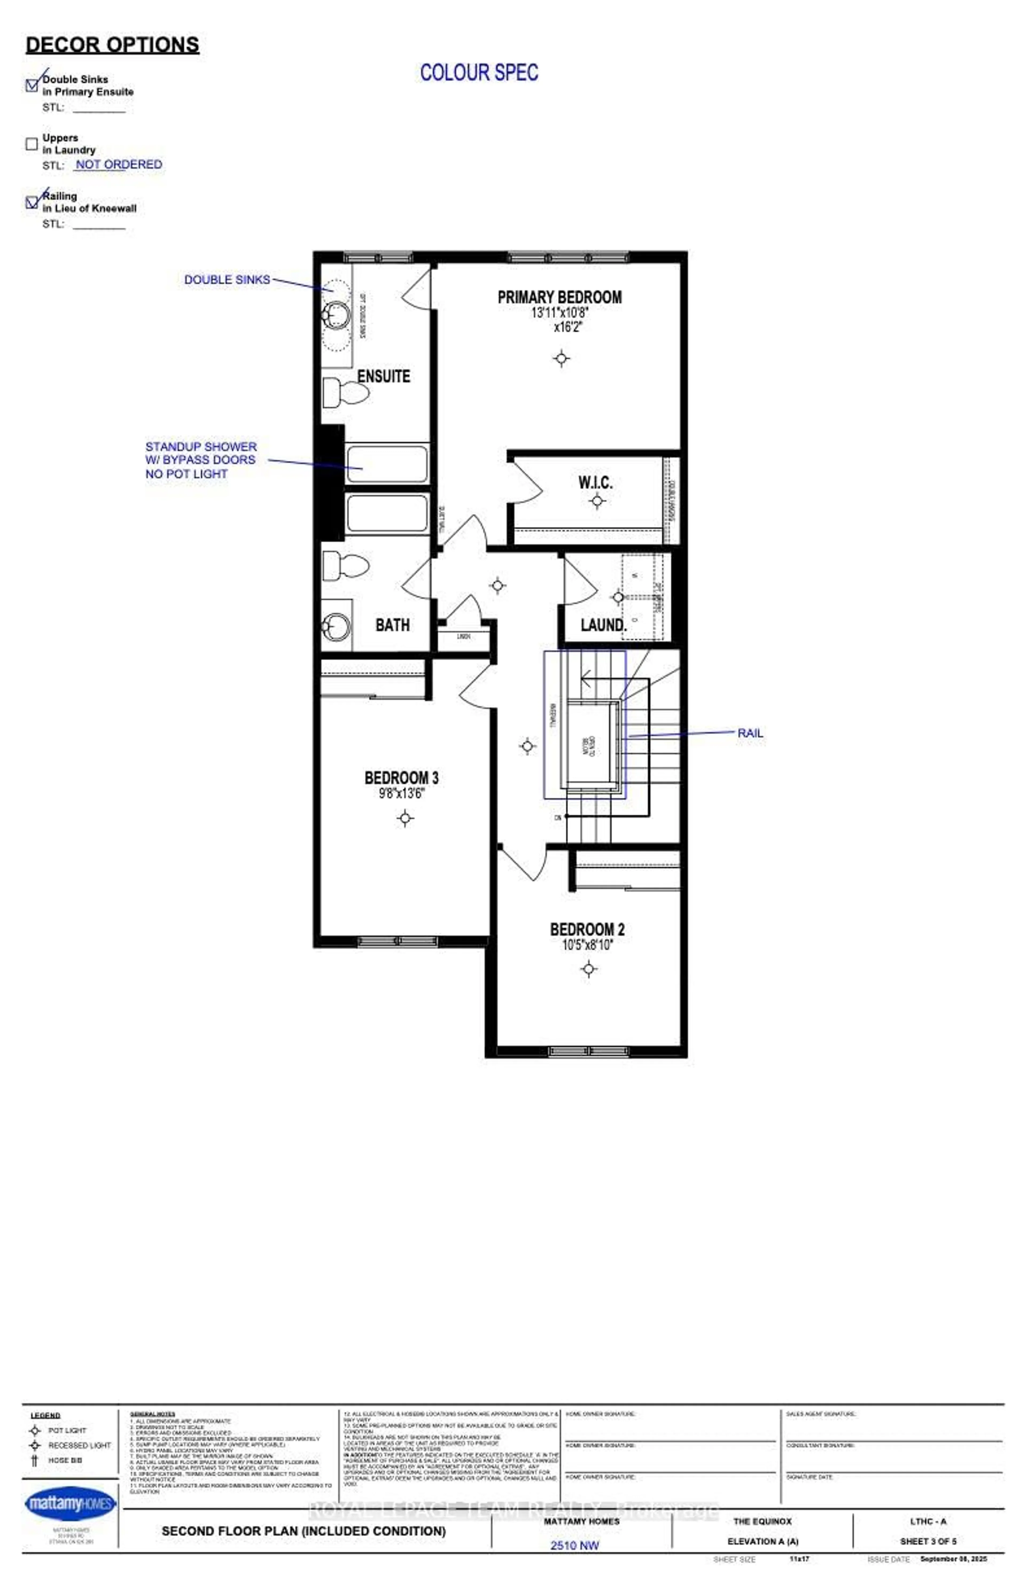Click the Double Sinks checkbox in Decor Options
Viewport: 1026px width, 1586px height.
(31, 85)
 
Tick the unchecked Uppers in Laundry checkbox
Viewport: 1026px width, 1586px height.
(31, 144)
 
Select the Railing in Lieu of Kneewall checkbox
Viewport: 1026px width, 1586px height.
(31, 202)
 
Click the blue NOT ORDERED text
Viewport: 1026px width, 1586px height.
(119, 165)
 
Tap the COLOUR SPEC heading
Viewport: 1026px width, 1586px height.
(479, 73)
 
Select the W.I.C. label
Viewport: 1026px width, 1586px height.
(595, 482)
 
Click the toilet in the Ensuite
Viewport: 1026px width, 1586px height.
(345, 393)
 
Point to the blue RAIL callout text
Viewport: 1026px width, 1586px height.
(750, 733)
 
